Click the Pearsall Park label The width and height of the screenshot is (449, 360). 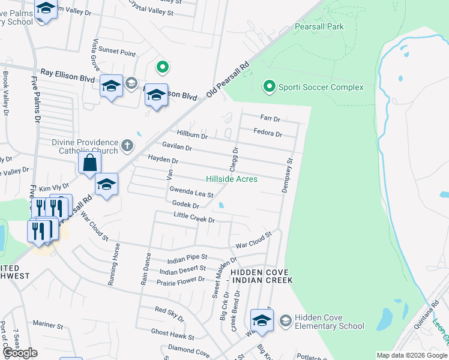click(x=319, y=27)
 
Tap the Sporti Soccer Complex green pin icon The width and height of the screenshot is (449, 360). click(x=270, y=88)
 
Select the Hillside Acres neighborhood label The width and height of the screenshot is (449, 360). click(x=232, y=179)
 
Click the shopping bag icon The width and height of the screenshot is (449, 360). click(x=89, y=163)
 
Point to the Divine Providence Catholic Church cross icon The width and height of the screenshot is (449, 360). click(x=127, y=145)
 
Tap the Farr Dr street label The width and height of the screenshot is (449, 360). click(x=270, y=118)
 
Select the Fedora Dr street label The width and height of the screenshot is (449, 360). click(x=268, y=133)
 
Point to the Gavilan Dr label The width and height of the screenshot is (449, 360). click(x=177, y=147)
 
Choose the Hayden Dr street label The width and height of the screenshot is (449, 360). click(x=163, y=161)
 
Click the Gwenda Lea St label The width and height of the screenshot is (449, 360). click(x=191, y=193)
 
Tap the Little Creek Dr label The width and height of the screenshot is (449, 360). click(x=194, y=217)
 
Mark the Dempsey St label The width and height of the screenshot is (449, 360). click(x=288, y=176)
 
